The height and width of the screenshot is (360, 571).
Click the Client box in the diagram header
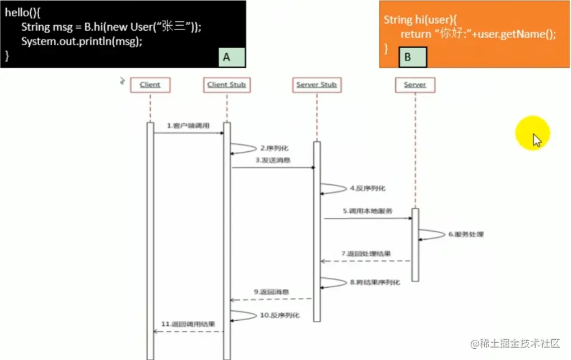pyautogui.click(x=150, y=85)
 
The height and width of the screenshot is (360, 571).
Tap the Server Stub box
pyautogui.click(x=317, y=85)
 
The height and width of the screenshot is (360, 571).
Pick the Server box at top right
pyautogui.click(x=415, y=85)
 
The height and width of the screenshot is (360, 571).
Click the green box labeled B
pyautogui.click(x=413, y=57)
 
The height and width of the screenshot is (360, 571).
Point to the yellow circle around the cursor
pyautogui.click(x=533, y=134)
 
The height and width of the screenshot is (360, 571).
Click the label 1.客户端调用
pyautogui.click(x=188, y=126)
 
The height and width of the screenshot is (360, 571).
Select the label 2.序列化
pyautogui.click(x=273, y=148)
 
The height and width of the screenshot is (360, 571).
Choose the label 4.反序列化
pyautogui.click(x=368, y=189)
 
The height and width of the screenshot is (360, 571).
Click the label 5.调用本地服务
pyautogui.click(x=368, y=212)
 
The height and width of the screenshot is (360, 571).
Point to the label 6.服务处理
pyautogui.click(x=466, y=235)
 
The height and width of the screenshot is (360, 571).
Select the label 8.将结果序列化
pyautogui.click(x=375, y=283)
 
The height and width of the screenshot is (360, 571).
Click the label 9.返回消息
pyautogui.click(x=271, y=292)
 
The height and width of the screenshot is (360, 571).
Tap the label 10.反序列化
pyautogui.click(x=280, y=315)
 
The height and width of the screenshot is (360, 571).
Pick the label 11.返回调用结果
pyautogui.click(x=188, y=324)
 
